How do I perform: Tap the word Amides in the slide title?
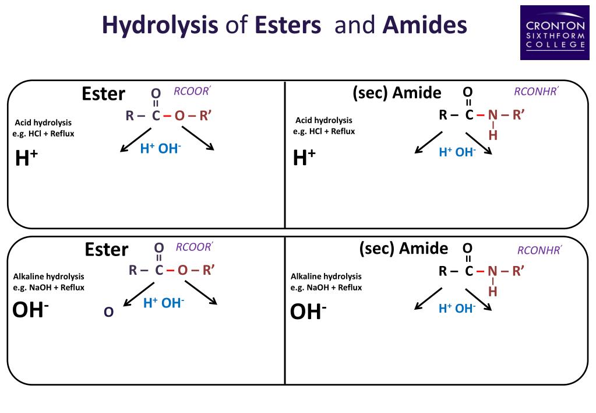(x=425, y=26)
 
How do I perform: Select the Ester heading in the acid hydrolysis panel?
(x=103, y=94)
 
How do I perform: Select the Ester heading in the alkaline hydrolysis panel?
(x=106, y=249)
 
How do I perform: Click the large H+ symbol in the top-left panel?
(x=27, y=158)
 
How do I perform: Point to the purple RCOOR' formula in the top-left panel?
(x=192, y=91)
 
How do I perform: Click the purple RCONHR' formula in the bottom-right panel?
(x=539, y=251)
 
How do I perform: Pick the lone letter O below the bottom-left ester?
(x=108, y=313)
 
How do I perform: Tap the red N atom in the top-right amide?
(x=493, y=115)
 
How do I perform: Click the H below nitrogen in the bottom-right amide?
(x=493, y=291)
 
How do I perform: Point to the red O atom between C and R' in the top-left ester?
(x=179, y=116)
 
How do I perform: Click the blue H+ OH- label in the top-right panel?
(x=457, y=152)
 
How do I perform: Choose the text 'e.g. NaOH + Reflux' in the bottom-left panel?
(x=49, y=288)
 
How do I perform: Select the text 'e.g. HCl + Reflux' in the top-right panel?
(x=324, y=131)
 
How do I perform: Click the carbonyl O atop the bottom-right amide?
(x=468, y=248)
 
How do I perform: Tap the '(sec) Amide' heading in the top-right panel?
(x=397, y=93)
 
